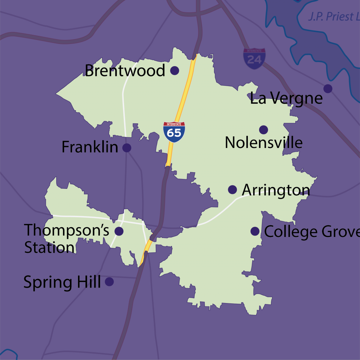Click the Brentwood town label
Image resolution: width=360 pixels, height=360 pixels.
(125, 71)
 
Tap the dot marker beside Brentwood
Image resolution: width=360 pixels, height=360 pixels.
(174, 71)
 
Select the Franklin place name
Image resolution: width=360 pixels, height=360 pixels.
(90, 147)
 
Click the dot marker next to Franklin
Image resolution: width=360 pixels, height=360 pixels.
(127, 148)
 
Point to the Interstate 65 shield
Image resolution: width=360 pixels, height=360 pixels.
(174, 132)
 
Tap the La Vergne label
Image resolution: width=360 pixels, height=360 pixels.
(286, 98)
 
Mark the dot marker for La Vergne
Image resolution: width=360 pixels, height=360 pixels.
(328, 89)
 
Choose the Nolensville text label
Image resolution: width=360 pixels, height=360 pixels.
(263, 143)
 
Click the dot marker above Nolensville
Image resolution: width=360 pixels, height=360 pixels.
(263, 130)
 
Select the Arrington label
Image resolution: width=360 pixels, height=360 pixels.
(276, 190)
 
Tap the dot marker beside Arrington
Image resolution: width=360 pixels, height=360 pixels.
(232, 190)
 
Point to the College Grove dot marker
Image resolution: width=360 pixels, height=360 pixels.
(255, 231)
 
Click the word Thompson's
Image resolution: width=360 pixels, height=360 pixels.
(67, 230)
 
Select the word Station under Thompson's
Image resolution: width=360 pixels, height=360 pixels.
(49, 247)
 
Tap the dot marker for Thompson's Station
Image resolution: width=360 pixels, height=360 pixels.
(119, 231)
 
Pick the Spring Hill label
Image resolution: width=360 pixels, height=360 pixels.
(62, 282)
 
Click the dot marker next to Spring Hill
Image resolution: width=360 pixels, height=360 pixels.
(109, 282)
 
